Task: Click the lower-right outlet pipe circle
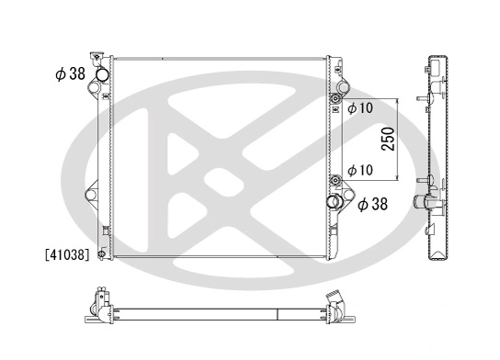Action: pos(335,202)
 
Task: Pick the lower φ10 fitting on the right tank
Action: pos(335,181)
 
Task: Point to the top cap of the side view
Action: pos(437,62)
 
